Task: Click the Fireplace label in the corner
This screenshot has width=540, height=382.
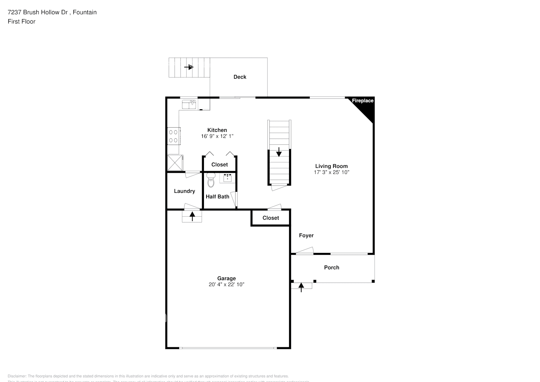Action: [362, 101]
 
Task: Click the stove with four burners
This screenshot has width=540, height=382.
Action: [174, 136]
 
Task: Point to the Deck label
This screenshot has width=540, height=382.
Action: [240, 77]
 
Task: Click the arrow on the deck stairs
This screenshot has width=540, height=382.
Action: [189, 67]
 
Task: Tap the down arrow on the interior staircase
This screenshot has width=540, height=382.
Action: [279, 152]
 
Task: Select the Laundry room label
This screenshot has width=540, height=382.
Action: [184, 191]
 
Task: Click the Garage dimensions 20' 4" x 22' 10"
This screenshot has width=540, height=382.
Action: [226, 285]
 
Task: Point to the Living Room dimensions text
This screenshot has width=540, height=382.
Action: [331, 172]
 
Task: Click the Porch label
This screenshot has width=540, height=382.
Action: [331, 268]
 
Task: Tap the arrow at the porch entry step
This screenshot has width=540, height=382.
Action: [301, 286]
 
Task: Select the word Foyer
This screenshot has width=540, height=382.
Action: [306, 236]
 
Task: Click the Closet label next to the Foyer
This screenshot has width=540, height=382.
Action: [271, 218]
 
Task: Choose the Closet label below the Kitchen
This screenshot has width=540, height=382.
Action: [220, 165]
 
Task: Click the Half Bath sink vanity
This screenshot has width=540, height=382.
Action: [228, 178]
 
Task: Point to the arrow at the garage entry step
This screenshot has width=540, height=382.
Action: [192, 216]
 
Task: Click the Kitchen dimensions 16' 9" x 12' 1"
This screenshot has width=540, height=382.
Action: [217, 136]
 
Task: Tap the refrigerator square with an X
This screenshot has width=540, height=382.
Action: [175, 163]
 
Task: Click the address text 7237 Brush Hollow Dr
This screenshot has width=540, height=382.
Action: [38, 12]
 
